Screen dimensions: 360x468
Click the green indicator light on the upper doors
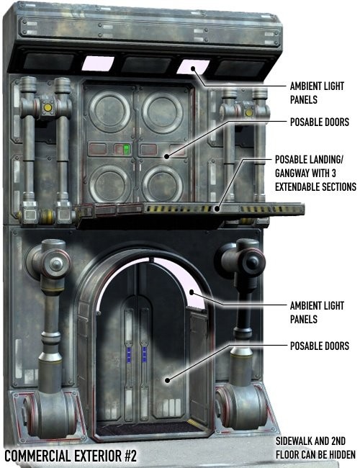click(126, 149)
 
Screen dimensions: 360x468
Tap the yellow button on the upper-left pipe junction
click(48, 107)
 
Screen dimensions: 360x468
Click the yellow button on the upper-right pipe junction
click(248, 112)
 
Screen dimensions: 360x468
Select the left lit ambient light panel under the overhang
click(98, 63)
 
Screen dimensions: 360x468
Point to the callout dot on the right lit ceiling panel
click(193, 68)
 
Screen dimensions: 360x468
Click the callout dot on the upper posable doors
click(167, 156)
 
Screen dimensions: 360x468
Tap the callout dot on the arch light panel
click(192, 292)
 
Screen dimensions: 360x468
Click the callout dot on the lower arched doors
click(168, 380)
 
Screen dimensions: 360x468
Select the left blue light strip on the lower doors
click(129, 354)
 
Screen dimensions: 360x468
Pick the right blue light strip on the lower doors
click(144, 354)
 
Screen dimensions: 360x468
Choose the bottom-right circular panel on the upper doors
click(163, 184)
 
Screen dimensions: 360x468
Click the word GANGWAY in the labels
click(292, 173)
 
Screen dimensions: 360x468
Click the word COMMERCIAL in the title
click(37, 456)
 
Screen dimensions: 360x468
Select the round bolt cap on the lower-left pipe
click(56, 264)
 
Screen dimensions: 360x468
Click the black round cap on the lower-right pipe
click(252, 263)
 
